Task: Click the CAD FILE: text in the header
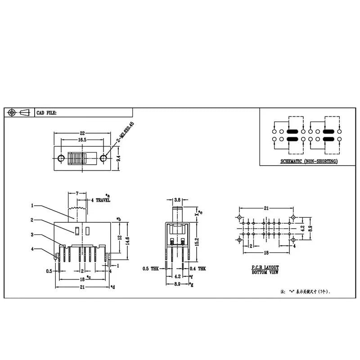click(x=46, y=113)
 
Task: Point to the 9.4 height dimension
click(x=118, y=158)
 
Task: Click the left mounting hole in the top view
click(x=60, y=158)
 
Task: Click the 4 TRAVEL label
click(x=101, y=200)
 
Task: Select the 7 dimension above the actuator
click(x=77, y=193)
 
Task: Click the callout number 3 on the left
click(x=32, y=234)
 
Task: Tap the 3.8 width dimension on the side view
click(x=177, y=199)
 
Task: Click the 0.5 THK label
click(x=151, y=269)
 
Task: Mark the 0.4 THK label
click(x=198, y=269)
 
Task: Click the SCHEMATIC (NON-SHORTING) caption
click(x=309, y=161)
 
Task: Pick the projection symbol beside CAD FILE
click(x=18, y=112)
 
